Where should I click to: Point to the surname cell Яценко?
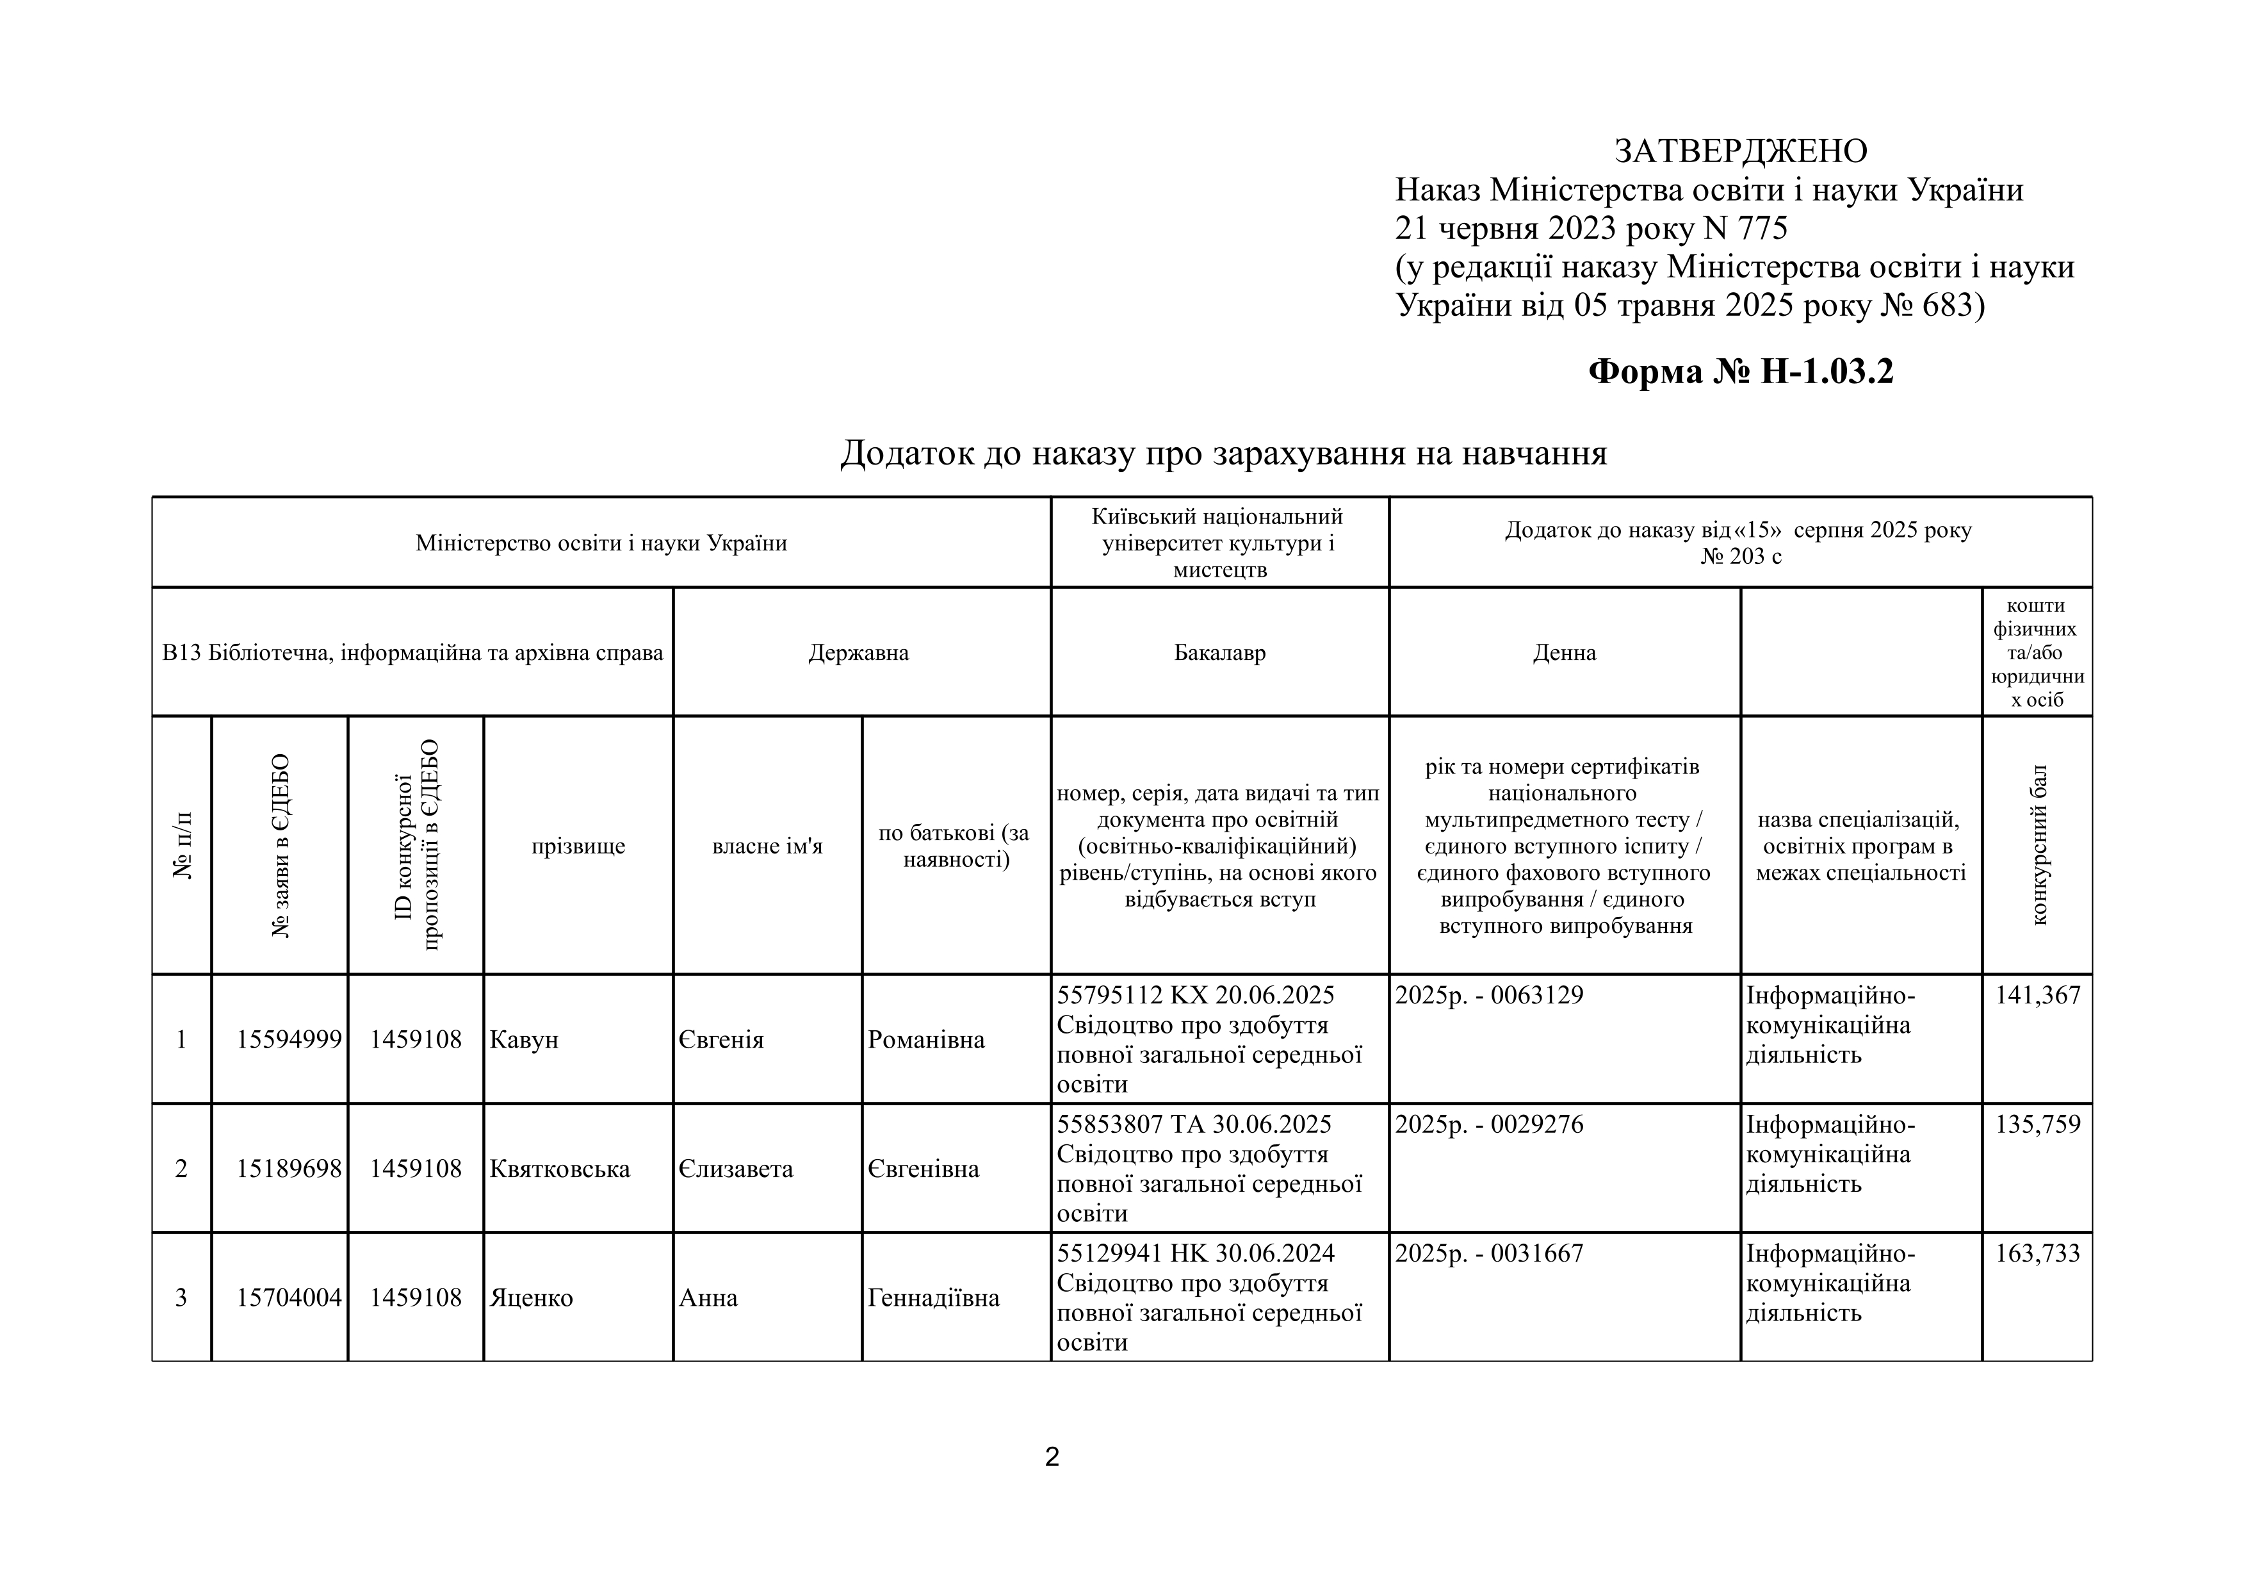pos(531,1298)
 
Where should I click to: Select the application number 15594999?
pos(289,1039)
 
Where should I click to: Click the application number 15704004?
pos(289,1298)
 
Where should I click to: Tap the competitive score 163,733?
pos(2038,1253)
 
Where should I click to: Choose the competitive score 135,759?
pos(2038,1124)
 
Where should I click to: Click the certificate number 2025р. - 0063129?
pos(1489,995)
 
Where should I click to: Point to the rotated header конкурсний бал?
pos(2038,845)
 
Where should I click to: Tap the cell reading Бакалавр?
pos(1220,653)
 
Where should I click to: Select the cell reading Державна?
pos(858,653)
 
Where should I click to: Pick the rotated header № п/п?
pos(182,845)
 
